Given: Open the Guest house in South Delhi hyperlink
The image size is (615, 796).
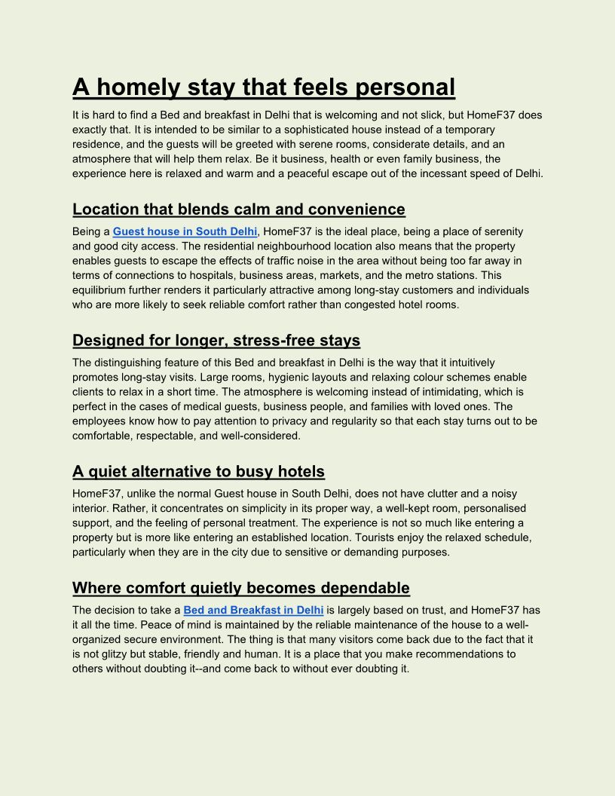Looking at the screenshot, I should click(x=185, y=231).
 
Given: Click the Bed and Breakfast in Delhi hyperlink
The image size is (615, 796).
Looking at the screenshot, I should click(x=253, y=610).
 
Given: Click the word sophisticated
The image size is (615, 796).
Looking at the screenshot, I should click(x=347, y=130).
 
